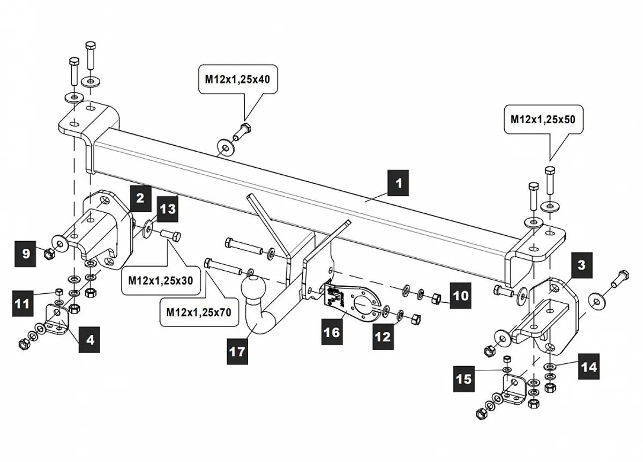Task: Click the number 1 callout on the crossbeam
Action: click(398, 183)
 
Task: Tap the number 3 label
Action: click(581, 264)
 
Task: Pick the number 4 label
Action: click(89, 340)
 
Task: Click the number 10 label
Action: click(459, 295)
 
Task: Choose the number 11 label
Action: click(22, 304)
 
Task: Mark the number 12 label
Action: click(383, 337)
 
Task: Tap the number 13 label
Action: click(168, 208)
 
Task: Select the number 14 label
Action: click(588, 367)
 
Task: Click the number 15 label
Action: click(464, 378)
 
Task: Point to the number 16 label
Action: click(332, 332)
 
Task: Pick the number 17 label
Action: click(237, 352)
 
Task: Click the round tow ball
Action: click(251, 289)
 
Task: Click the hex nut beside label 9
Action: click(47, 252)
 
